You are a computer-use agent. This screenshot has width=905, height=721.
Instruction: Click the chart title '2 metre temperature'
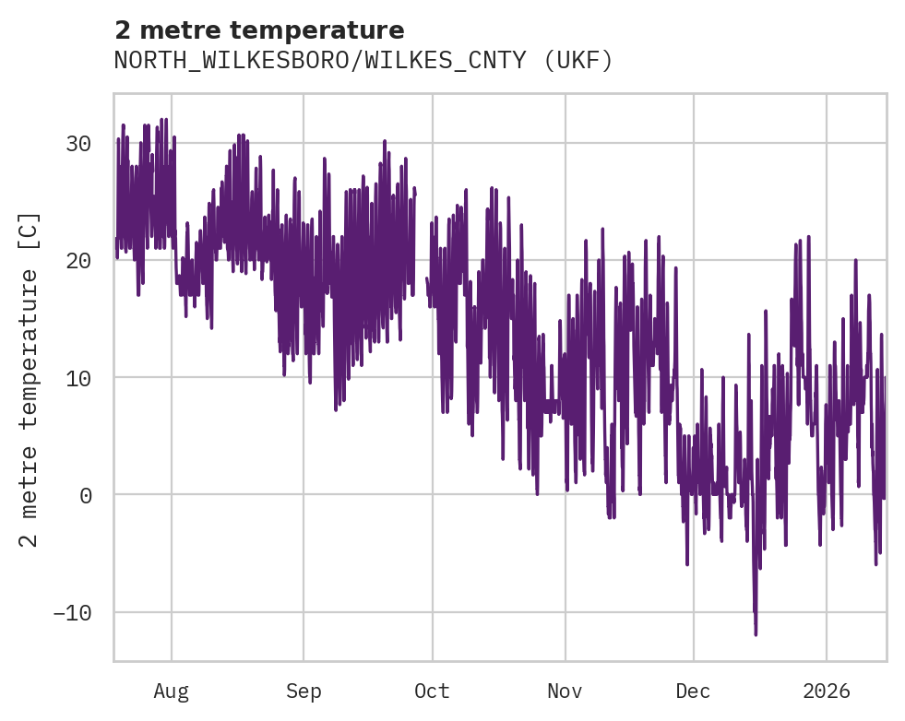tap(259, 30)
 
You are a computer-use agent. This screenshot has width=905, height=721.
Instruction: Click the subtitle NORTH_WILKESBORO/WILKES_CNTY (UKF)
tap(363, 61)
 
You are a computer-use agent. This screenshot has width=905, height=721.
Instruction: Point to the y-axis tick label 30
tap(78, 144)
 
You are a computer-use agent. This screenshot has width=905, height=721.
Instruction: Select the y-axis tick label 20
tap(78, 261)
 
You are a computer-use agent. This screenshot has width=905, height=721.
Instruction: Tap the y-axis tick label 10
tap(78, 378)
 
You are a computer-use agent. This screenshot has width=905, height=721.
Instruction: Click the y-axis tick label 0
tap(87, 495)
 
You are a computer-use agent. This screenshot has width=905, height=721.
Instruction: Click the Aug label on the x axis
tap(172, 691)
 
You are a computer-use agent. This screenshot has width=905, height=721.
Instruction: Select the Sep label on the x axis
tap(304, 691)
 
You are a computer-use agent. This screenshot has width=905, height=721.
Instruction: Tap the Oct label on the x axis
tap(432, 691)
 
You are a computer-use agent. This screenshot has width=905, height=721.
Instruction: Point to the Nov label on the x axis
tap(565, 691)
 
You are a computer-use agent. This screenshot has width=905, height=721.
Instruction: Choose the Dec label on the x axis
tap(693, 691)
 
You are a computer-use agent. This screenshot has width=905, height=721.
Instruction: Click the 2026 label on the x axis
tap(827, 691)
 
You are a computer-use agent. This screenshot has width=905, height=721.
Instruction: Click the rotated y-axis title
tap(30, 378)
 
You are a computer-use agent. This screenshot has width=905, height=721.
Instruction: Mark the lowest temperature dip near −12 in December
tap(756, 633)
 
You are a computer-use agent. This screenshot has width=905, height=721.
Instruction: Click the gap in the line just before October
tap(421, 240)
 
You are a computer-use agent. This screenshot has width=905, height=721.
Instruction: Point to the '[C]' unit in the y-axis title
tap(30, 231)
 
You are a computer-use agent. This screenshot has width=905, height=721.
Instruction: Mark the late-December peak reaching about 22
tap(808, 237)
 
